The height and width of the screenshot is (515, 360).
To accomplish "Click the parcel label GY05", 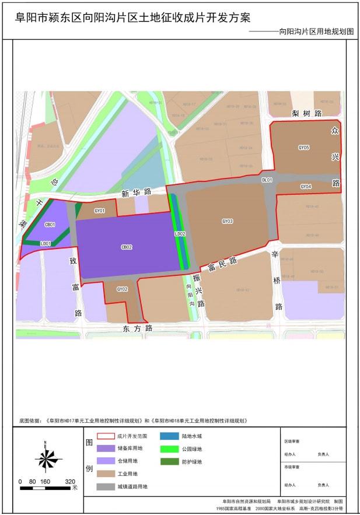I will (x=303, y=148).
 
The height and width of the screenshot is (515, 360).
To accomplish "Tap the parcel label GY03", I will (x=228, y=221).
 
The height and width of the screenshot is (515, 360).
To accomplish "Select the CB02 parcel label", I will (x=127, y=247).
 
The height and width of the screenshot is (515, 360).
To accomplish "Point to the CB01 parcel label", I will (x=50, y=225).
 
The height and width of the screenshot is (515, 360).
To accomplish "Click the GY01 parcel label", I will (x=100, y=211).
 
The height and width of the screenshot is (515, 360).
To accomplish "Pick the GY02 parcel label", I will (x=122, y=289).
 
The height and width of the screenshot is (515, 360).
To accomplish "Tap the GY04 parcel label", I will (x=306, y=187).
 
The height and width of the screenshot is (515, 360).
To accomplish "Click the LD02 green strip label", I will (x=180, y=234).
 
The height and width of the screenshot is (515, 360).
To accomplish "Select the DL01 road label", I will (x=267, y=180).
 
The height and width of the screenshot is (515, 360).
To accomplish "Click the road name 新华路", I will (x=137, y=192).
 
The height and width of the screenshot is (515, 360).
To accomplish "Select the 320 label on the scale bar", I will (x=70, y=482).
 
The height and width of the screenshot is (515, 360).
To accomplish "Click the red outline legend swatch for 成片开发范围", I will (x=106, y=436).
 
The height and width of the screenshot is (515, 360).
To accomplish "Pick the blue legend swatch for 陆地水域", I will (x=170, y=436).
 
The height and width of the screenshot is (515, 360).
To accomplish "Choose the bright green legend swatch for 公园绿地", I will (x=170, y=449).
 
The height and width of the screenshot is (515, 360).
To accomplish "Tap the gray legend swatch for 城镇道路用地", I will (x=106, y=486).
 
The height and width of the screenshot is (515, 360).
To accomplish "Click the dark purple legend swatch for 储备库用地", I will (x=106, y=449).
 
